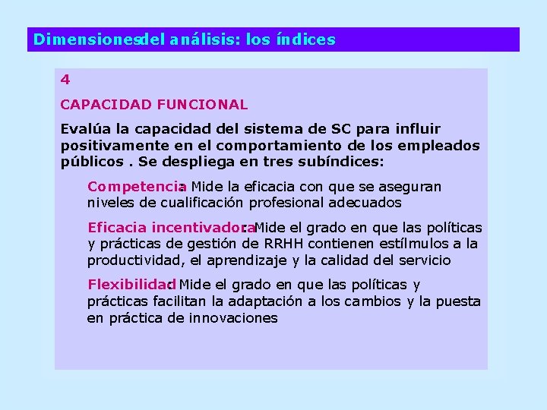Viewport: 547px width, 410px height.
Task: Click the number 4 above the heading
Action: pos(65,79)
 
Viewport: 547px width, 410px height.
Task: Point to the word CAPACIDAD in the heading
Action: pos(99,104)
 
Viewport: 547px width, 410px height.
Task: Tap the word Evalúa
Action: pos(82,129)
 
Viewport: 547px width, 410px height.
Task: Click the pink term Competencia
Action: pos(135,187)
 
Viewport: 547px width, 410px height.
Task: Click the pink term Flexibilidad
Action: pos(131,285)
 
